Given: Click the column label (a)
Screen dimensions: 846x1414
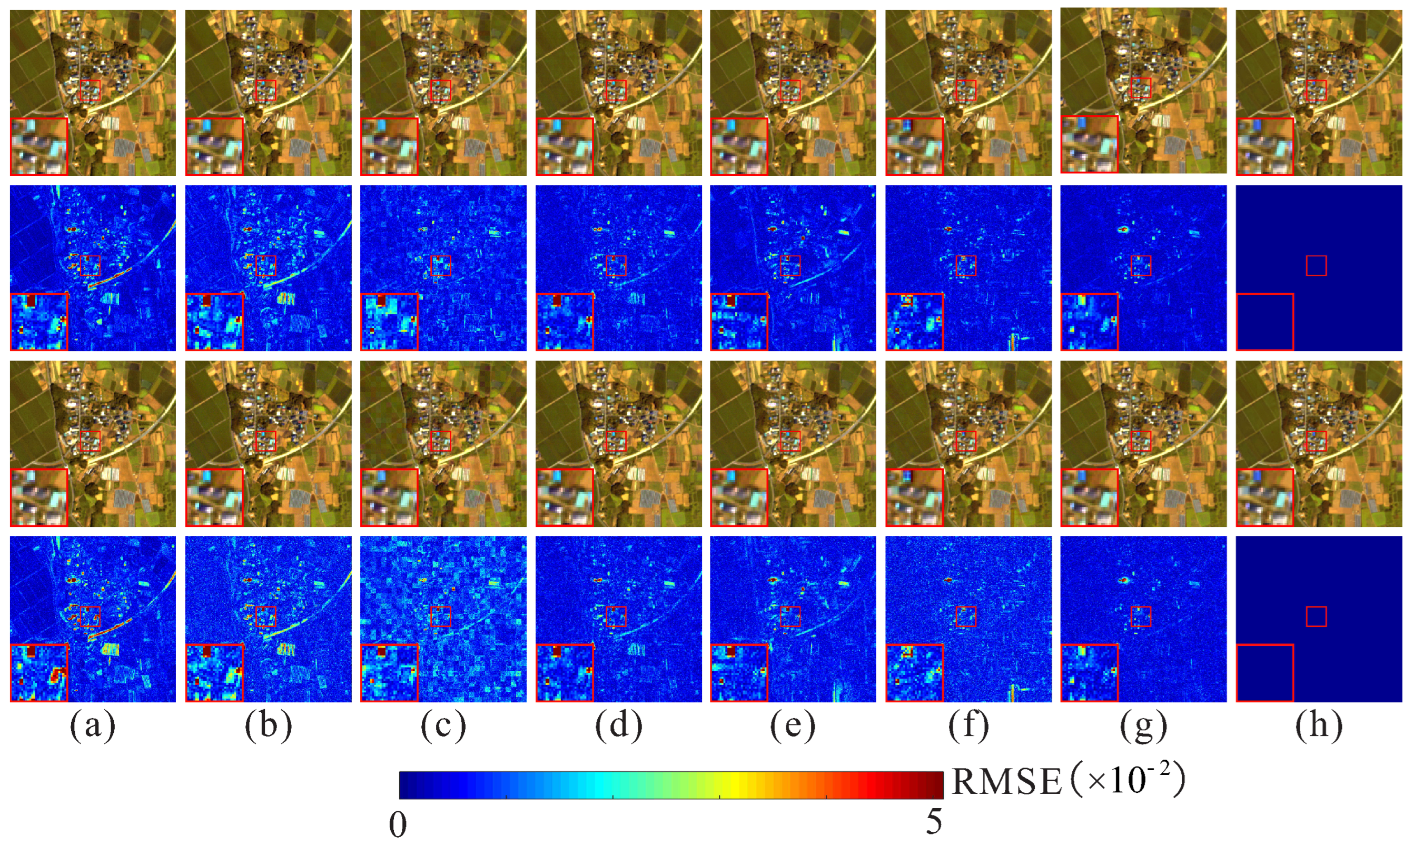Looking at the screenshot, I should point(92,726).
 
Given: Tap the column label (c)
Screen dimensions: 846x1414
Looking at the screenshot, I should point(443,726).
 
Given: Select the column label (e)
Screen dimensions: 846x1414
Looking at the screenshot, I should point(793,726).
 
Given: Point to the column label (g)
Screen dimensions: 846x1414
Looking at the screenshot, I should point(1143,726).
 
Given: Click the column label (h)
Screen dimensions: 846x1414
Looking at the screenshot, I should point(1319,726).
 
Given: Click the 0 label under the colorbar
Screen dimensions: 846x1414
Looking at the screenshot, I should point(398,824).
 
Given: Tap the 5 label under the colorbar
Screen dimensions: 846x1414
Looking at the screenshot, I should point(933,821).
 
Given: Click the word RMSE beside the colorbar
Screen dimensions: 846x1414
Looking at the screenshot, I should point(1006,782).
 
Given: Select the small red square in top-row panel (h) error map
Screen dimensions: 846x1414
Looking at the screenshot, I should point(1316,266).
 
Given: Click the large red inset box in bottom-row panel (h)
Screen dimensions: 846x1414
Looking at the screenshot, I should point(1264,673).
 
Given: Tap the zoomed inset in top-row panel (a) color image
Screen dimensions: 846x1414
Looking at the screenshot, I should point(39,146).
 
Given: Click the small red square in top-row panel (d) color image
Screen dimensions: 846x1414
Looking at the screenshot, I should point(616,90).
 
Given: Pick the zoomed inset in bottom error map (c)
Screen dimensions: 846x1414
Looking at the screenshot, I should point(389,673).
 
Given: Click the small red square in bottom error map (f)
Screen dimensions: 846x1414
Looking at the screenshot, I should point(966,616).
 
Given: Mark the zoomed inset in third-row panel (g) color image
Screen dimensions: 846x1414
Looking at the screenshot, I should point(1089,497).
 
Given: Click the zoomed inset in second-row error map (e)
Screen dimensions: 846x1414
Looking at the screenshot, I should point(739,322).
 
